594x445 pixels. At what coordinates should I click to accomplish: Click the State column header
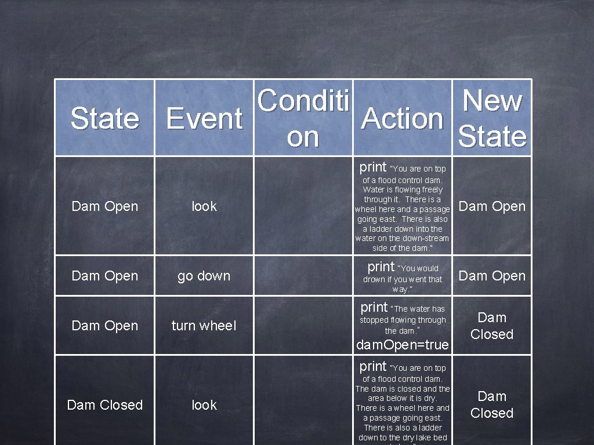pyautogui.click(x=104, y=118)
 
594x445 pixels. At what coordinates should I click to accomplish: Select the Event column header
pyautogui.click(x=204, y=118)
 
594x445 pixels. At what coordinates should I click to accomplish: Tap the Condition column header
pyautogui.click(x=303, y=118)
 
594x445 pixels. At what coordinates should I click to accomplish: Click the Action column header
pyautogui.click(x=403, y=118)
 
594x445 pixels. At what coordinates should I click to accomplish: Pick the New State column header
pyautogui.click(x=492, y=118)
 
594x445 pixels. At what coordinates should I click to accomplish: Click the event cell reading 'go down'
pyautogui.click(x=204, y=276)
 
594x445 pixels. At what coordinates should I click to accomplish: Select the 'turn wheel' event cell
pyautogui.click(x=204, y=326)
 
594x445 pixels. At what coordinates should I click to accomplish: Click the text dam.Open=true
pyautogui.click(x=403, y=345)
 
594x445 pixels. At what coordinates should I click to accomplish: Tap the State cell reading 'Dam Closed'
pyautogui.click(x=104, y=405)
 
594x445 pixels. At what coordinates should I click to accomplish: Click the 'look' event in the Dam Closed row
pyautogui.click(x=204, y=405)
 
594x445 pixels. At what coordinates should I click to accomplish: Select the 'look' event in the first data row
pyautogui.click(x=204, y=206)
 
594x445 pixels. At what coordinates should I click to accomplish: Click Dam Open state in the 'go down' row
pyautogui.click(x=104, y=276)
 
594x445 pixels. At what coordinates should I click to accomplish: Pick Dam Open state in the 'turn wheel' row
pyautogui.click(x=104, y=326)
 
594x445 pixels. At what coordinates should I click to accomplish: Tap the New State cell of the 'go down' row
pyautogui.click(x=492, y=276)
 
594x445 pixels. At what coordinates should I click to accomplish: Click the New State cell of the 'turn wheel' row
pyautogui.click(x=492, y=326)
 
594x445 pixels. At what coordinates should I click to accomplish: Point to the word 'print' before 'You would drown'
pyautogui.click(x=381, y=267)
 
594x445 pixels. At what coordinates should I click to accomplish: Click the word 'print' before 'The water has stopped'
pyautogui.click(x=374, y=307)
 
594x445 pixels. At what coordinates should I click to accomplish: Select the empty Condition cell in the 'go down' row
pyautogui.click(x=303, y=276)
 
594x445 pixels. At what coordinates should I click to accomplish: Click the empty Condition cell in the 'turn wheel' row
pyautogui.click(x=303, y=326)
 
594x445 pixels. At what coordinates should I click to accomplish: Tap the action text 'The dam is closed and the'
pyautogui.click(x=403, y=389)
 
